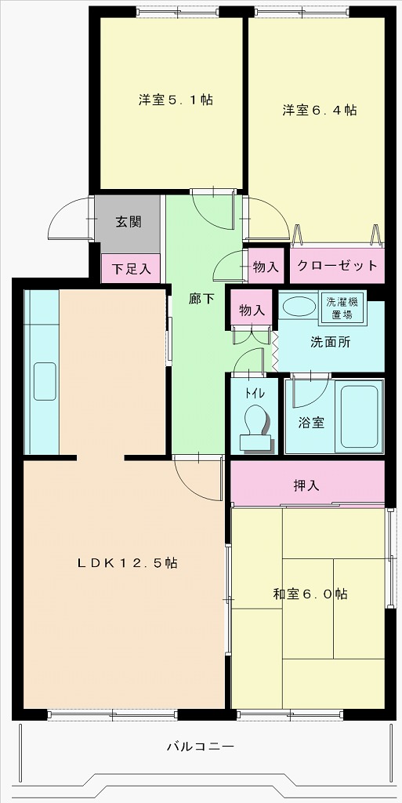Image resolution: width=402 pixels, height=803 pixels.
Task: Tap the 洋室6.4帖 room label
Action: point(320,111)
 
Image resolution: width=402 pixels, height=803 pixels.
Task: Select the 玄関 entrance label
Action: point(129,221)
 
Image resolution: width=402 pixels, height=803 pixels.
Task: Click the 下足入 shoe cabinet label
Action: point(130,269)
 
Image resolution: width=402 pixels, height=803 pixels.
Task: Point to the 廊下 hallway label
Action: point(201,299)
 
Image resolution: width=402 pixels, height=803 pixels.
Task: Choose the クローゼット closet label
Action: point(337,266)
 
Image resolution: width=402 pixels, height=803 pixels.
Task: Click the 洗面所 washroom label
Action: point(330,342)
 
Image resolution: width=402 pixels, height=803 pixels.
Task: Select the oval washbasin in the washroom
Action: point(295,307)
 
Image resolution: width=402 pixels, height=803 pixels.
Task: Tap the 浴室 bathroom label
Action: point(311,422)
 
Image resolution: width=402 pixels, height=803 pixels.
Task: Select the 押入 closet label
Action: point(306,485)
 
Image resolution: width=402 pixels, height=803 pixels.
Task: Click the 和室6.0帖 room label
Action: point(310,594)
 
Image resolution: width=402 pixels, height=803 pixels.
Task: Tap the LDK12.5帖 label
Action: point(128,563)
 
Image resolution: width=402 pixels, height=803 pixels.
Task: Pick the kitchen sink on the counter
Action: point(44,382)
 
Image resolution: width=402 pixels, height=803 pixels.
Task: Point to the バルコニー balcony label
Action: point(201,746)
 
